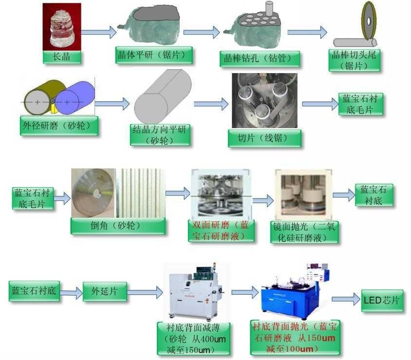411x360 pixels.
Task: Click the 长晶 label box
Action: [61, 57]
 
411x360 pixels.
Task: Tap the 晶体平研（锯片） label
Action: [154, 55]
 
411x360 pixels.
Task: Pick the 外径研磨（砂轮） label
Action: [58, 126]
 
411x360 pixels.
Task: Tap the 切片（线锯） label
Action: [264, 138]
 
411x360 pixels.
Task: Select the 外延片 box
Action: [104, 291]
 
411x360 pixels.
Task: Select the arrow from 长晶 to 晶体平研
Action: [98, 32]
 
